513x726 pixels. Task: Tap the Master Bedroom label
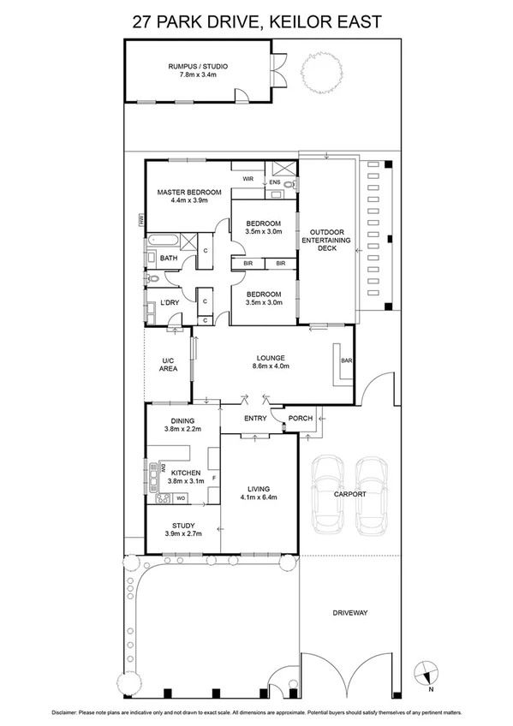[188, 196]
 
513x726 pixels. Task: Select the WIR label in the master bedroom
[248, 179]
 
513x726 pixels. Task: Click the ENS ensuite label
[274, 182]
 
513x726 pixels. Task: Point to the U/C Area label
[169, 364]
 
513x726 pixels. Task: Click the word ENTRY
[255, 419]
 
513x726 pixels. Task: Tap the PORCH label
[300, 419]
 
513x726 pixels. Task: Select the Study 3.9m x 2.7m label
[182, 530]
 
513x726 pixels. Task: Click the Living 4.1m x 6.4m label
[257, 492]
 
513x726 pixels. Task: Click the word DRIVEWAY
[349, 613]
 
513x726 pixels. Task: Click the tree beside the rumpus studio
[321, 73]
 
